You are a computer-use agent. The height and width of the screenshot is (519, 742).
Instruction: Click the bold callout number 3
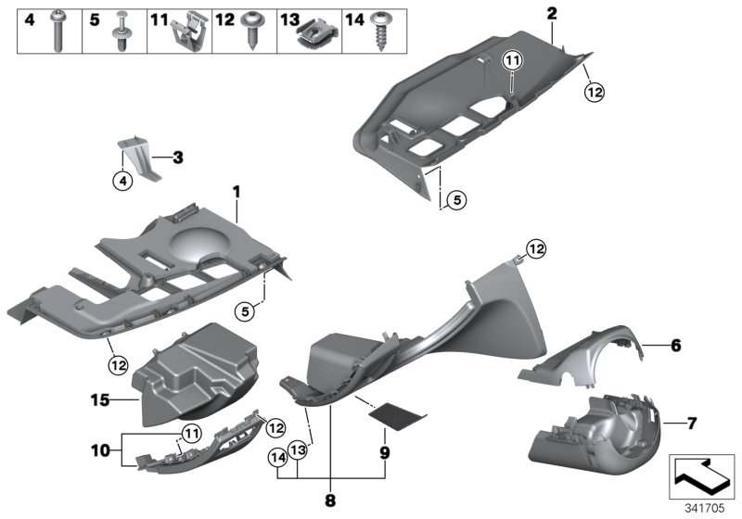pyautogui.click(x=178, y=157)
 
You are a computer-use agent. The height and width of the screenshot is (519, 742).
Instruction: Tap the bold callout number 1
pyautogui.click(x=237, y=192)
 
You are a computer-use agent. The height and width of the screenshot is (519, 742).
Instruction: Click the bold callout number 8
pyautogui.click(x=329, y=501)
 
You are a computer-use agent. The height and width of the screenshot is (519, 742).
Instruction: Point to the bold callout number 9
pyautogui.click(x=384, y=455)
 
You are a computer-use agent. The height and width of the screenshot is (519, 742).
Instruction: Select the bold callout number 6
pyautogui.click(x=675, y=345)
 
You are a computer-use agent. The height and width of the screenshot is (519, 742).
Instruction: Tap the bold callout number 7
pyautogui.click(x=691, y=424)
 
